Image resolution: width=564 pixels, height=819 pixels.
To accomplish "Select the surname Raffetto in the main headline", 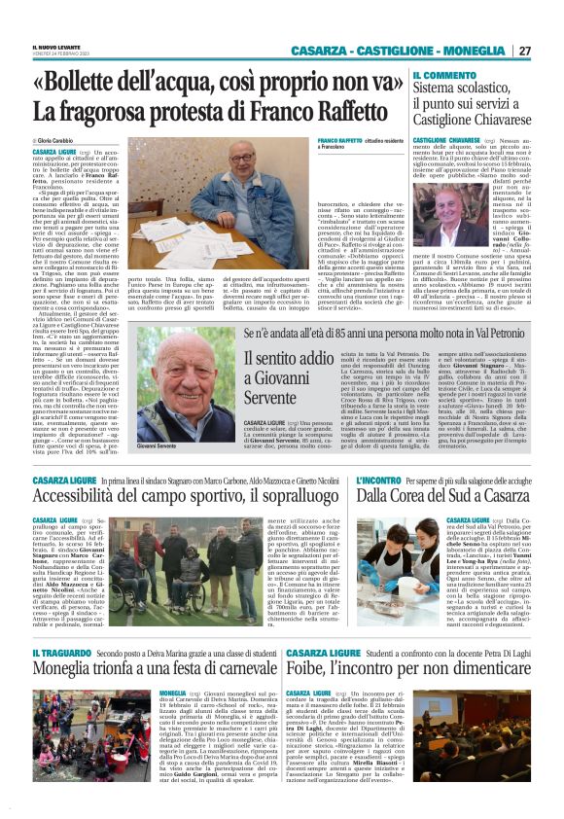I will coord(330,113).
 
